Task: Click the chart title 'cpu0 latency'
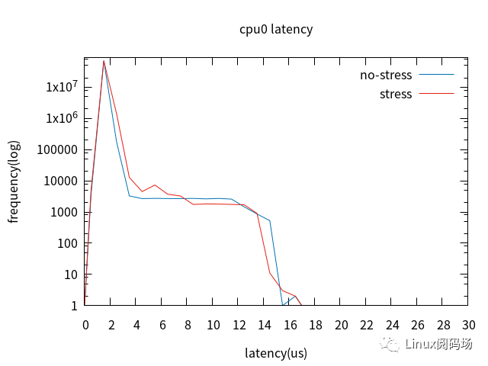276,30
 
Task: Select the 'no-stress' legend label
386,75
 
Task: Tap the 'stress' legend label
395,95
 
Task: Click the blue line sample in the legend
437,75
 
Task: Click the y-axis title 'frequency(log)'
14,181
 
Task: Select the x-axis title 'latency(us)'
276,353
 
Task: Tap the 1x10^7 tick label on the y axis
62,87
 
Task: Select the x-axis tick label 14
264,325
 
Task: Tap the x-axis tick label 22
366,325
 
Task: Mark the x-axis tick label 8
188,325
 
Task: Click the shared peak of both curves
104,61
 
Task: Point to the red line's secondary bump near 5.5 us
156,185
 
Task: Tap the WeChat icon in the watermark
391,345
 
